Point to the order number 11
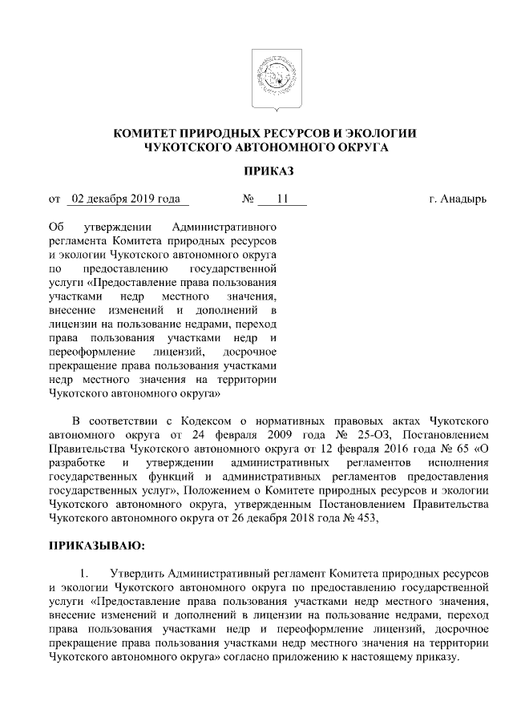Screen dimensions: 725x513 coord(281,198)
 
